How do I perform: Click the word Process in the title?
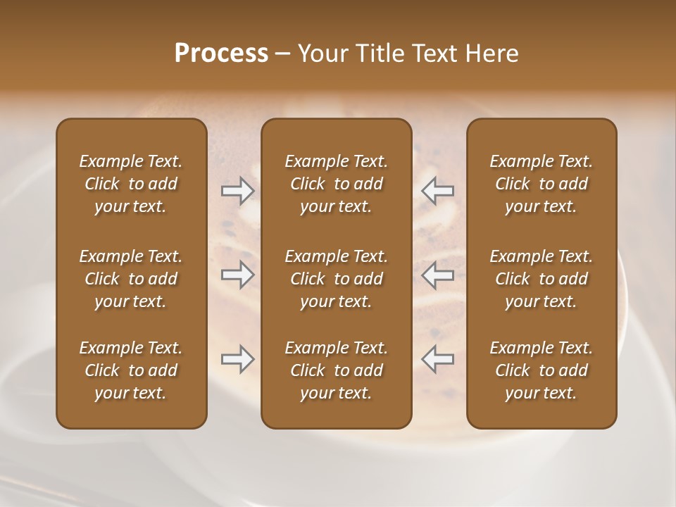coord(221,54)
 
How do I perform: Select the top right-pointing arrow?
coord(237,189)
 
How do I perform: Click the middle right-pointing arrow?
coord(237,274)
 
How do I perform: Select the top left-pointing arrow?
coord(437,189)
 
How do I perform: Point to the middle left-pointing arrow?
coord(437,274)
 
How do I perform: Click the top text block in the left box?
coord(131,184)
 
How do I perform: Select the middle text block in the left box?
coord(131,279)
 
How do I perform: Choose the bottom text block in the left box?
coord(131,370)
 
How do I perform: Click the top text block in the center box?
coord(336,184)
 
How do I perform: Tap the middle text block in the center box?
coord(336,279)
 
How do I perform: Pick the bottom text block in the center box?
coord(336,370)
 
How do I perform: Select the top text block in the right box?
coord(541,184)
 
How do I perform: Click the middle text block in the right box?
coord(541,279)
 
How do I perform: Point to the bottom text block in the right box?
coord(541,370)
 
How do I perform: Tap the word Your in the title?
coord(321,54)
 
